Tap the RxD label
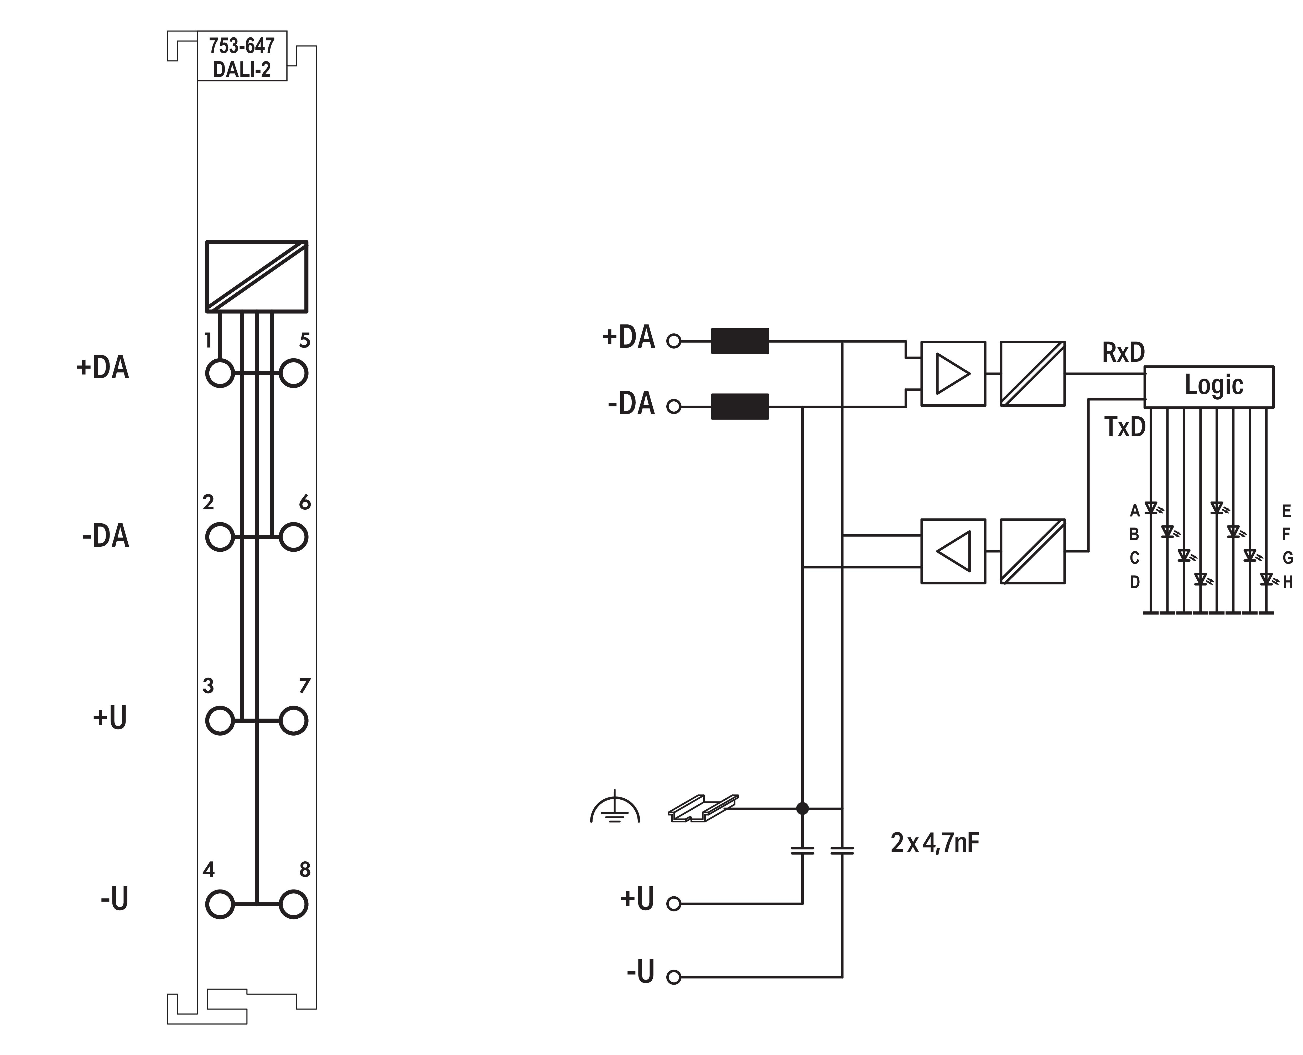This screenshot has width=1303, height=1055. click(1123, 353)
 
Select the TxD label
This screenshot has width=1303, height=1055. click(1124, 427)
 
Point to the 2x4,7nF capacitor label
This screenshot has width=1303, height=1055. click(934, 843)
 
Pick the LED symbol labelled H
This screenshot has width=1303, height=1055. click(1266, 579)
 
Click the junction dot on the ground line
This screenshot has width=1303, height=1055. click(802, 808)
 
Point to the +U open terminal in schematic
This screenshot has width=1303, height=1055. click(673, 904)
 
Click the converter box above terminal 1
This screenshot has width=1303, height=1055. click(256, 277)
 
